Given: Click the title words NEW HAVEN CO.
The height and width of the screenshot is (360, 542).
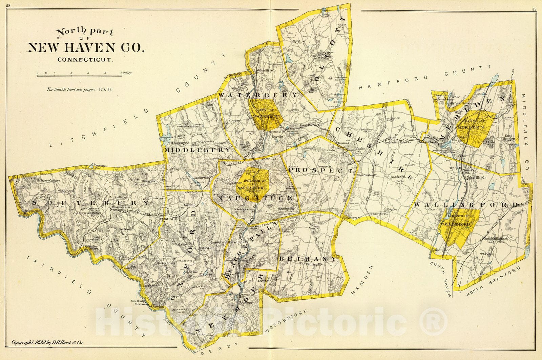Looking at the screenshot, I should (85, 47).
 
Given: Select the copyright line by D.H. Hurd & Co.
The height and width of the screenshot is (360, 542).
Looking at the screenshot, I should (47, 342).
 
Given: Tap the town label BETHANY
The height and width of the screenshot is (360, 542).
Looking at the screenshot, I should (308, 259).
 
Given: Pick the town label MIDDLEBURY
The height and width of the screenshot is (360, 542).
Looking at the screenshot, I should (197, 149).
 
